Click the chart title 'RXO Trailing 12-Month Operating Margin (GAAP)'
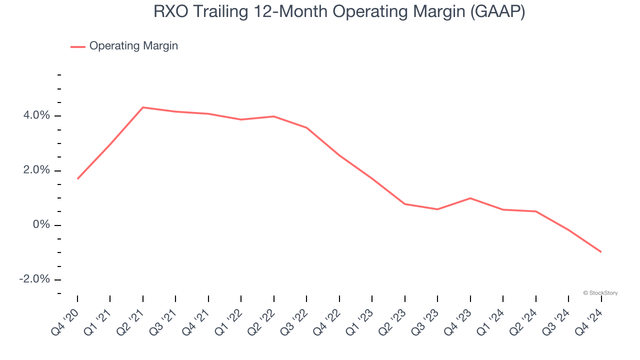point(339,12)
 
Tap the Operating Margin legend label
point(133,46)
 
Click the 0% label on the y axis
point(42,225)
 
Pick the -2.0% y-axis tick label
point(34,279)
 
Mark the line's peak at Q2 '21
point(143,107)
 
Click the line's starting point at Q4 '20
point(77,178)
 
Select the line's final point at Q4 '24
point(601,252)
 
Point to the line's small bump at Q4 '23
point(470,198)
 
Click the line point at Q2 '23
point(404,204)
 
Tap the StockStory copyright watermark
point(600,293)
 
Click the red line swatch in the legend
point(77,46)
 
